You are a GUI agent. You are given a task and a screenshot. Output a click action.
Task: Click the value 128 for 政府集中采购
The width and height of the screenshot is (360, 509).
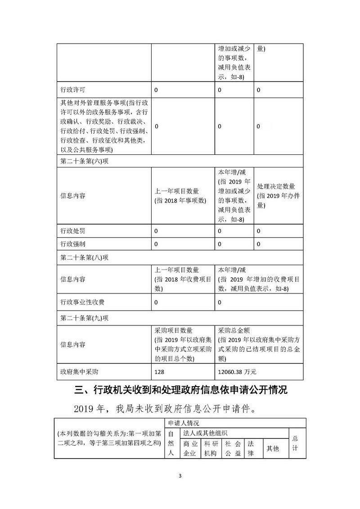point(160,372)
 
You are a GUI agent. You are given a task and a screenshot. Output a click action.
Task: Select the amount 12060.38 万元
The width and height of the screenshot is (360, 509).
point(237,372)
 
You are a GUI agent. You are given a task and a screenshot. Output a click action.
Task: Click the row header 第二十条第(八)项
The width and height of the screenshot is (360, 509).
point(85,258)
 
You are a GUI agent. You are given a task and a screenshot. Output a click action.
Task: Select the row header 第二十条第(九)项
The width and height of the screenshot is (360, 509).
point(85,318)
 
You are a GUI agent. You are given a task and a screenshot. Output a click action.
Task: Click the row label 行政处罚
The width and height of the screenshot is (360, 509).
point(73,231)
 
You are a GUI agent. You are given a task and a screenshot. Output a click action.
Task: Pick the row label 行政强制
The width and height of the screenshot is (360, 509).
point(73,244)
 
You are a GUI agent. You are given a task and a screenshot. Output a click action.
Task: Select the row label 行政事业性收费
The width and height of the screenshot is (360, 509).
point(83,302)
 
